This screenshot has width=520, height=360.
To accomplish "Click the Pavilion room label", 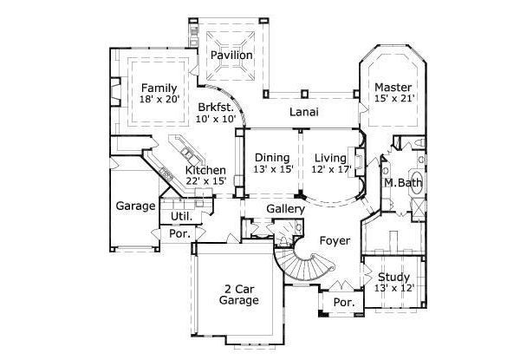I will click(x=231, y=56).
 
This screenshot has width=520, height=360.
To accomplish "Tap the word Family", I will click(x=159, y=88).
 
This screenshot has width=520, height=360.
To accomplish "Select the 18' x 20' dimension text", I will click(x=159, y=101).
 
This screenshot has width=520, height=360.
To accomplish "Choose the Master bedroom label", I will click(x=393, y=87).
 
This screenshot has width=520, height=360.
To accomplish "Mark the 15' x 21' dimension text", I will click(x=394, y=99).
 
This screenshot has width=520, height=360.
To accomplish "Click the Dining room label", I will click(x=271, y=158).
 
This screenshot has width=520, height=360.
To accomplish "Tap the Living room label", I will click(x=330, y=158).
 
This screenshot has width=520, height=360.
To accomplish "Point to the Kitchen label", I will click(x=205, y=170).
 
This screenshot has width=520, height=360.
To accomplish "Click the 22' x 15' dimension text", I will click(x=205, y=182).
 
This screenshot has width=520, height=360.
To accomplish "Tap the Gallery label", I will click(x=285, y=210).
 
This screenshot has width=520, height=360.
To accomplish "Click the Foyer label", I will click(x=335, y=239).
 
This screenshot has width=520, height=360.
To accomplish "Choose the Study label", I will click(x=394, y=278).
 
